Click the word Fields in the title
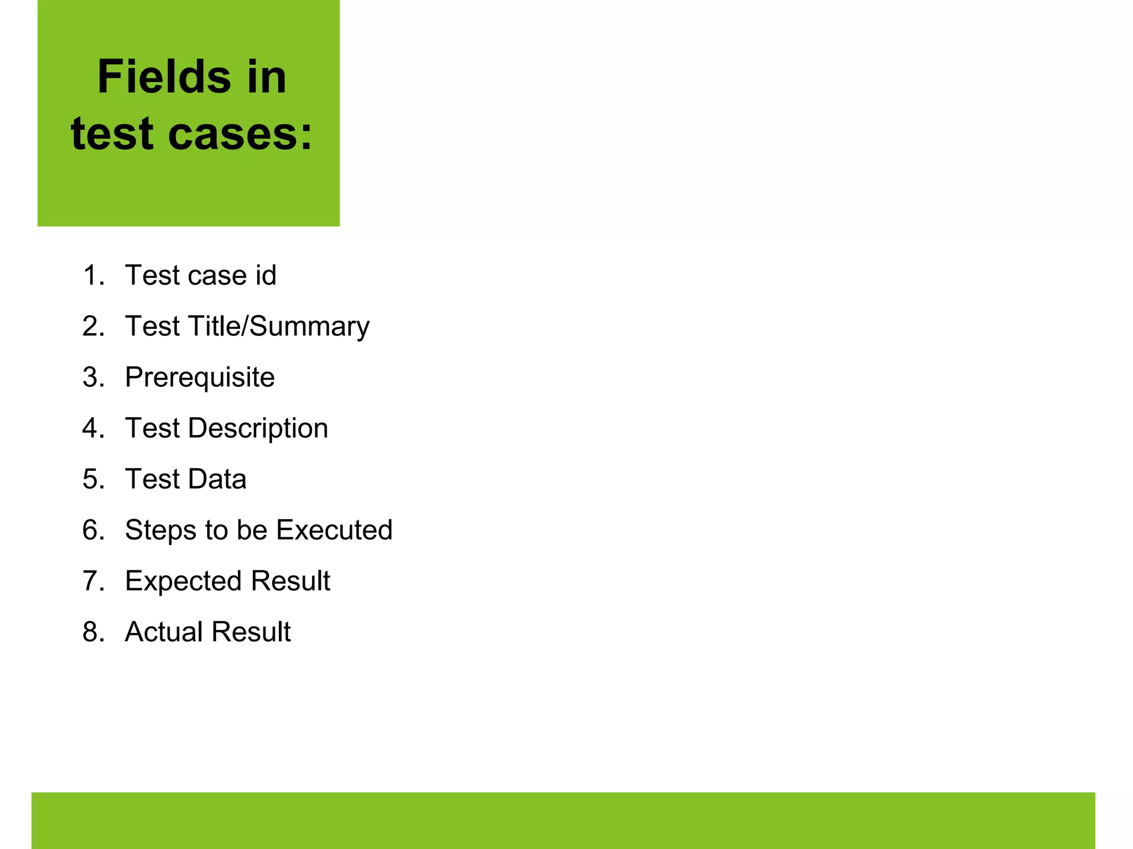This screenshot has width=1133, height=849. [164, 77]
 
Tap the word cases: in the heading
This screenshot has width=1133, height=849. [240, 134]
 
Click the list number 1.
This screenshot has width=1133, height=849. [92, 275]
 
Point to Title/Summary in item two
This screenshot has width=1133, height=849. [279, 327]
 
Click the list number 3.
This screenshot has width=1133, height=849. [93, 378]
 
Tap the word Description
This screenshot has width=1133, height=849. [258, 428]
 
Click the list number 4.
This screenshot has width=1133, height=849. [93, 428]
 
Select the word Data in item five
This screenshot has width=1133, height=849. [216, 479]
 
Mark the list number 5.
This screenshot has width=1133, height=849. [93, 479]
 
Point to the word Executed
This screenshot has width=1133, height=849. [334, 530]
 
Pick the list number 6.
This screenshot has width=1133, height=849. [93, 530]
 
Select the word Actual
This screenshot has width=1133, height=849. [163, 632]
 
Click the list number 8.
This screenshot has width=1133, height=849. [93, 632]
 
